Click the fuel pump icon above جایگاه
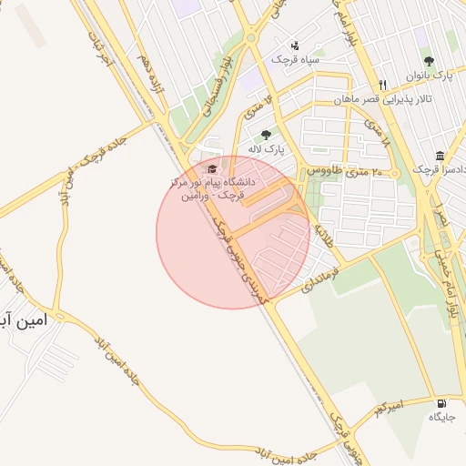click(442, 403)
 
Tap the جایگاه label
click(441, 418)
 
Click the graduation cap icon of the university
click(213, 169)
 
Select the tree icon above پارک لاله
click(266, 135)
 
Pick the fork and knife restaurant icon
click(384, 85)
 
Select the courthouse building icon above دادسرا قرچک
click(441, 156)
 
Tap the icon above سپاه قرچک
click(294, 46)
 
